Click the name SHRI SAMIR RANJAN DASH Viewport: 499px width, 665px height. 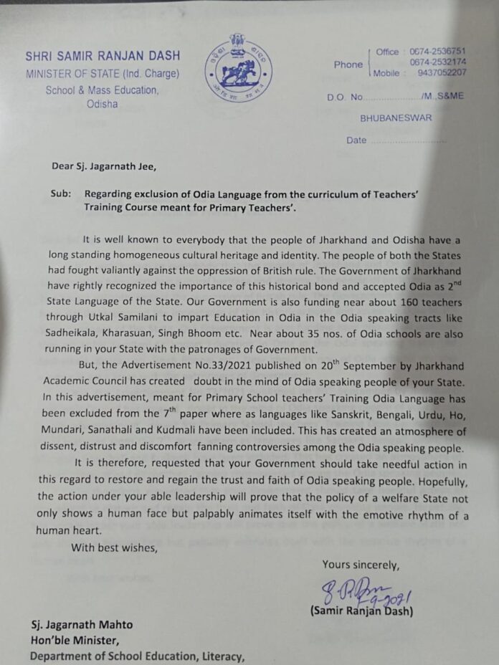click(103, 56)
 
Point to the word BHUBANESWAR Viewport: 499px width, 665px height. click(396, 118)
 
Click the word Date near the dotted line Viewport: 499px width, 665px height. click(356, 140)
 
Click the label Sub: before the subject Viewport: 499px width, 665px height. click(62, 194)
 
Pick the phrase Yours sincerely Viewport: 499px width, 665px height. click(361, 565)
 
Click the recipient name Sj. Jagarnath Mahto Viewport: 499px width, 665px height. click(81, 624)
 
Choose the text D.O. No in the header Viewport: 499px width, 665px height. click(346, 97)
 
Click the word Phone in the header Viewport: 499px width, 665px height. click(348, 64)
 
